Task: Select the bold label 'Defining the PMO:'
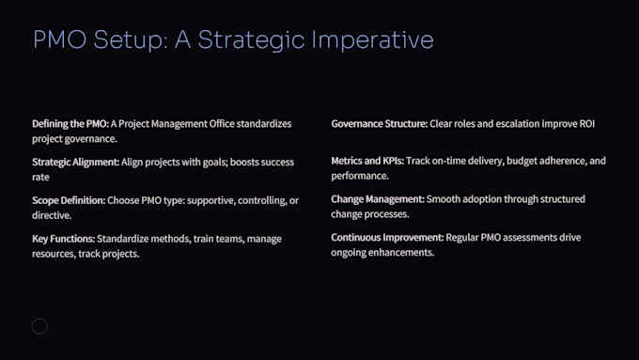(x=70, y=124)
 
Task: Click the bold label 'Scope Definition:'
(x=68, y=200)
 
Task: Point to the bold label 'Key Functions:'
(x=63, y=239)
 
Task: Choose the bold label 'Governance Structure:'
(x=378, y=124)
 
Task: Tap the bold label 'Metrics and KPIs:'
(x=367, y=162)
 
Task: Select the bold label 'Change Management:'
(x=377, y=200)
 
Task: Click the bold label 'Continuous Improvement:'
(x=385, y=239)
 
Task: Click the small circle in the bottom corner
(x=39, y=326)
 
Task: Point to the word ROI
(x=585, y=124)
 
